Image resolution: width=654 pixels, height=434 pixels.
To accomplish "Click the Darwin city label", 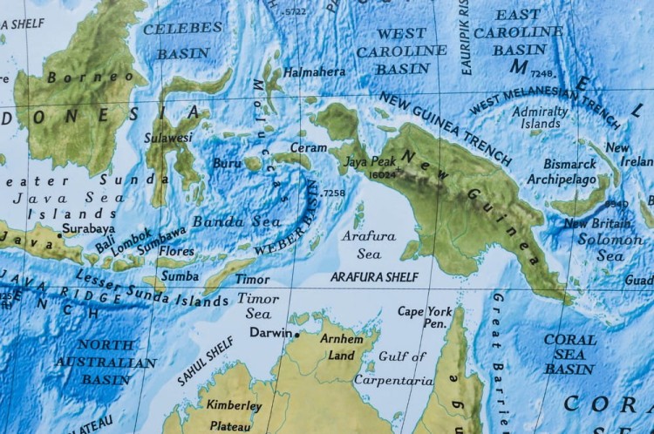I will [270, 332].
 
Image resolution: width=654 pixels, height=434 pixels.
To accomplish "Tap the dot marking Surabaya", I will [59, 234].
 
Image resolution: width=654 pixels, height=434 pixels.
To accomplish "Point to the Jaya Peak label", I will [370, 161].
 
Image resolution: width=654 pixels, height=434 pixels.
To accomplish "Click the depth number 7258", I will [333, 193].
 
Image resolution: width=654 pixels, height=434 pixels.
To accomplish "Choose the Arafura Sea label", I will [368, 245].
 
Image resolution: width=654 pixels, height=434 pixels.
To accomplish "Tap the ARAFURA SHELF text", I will [374, 276].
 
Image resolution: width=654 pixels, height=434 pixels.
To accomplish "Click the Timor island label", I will [253, 280].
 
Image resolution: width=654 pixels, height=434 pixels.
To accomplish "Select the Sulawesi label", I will [170, 137].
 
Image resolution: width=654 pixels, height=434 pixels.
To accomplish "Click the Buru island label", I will [226, 162].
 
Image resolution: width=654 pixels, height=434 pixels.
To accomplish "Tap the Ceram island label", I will [308, 147].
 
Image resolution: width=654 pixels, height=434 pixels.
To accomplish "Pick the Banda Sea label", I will [224, 221].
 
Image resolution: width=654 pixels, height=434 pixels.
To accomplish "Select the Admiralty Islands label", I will [540, 118].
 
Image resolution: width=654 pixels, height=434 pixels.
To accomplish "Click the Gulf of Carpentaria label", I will [392, 369].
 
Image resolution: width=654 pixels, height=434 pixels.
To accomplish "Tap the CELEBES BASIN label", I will [182, 40].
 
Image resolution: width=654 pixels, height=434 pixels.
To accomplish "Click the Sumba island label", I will [181, 275].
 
